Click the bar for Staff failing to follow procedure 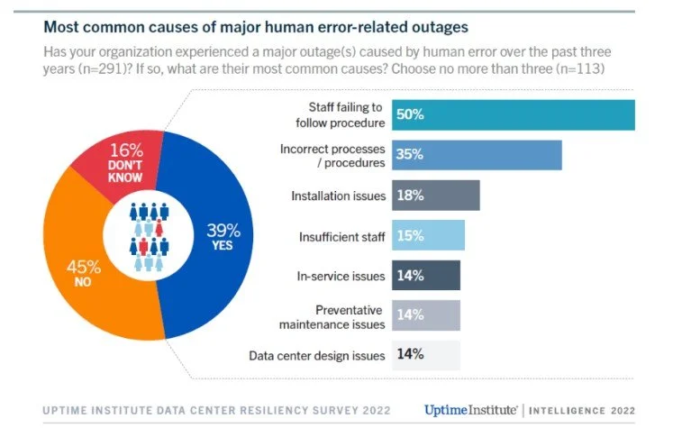click(x=514, y=115)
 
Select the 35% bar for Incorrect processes click(x=477, y=155)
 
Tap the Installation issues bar click(x=435, y=196)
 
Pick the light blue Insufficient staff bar click(x=428, y=236)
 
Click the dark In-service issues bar click(x=425, y=276)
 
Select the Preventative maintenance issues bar click(x=425, y=315)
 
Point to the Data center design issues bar click(x=425, y=355)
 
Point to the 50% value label click(x=410, y=115)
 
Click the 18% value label click(x=410, y=196)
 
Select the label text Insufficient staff click(x=341, y=237)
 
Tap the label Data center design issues click(x=317, y=356)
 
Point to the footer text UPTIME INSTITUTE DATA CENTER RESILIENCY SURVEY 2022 click(x=216, y=411)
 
